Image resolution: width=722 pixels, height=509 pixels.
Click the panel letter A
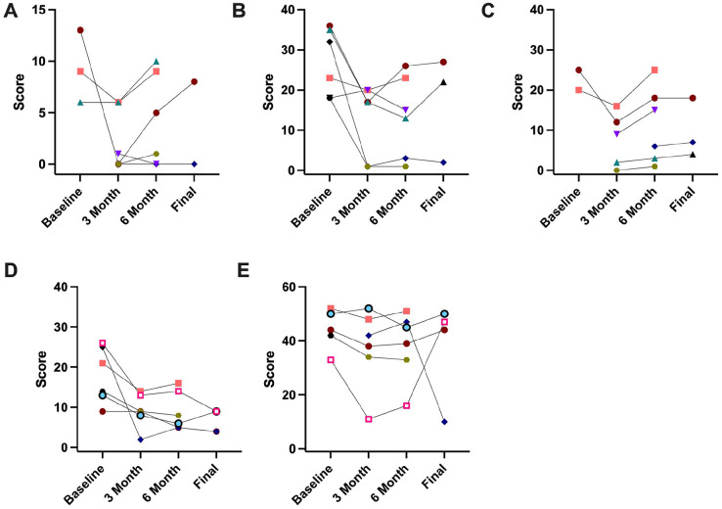point(9,11)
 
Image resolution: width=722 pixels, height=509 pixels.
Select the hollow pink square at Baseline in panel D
point(103,344)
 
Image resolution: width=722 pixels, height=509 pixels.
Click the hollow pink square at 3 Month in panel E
point(369,419)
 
